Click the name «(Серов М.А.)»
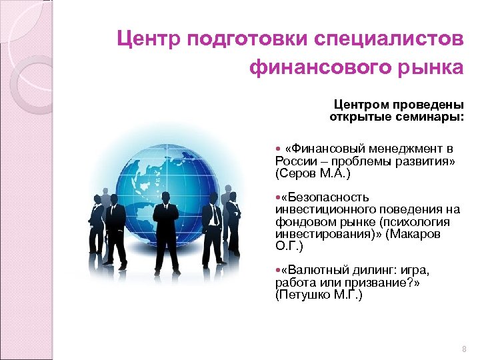click(312, 173)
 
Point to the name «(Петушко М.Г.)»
click(318, 295)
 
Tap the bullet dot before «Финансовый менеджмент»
click(277, 149)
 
